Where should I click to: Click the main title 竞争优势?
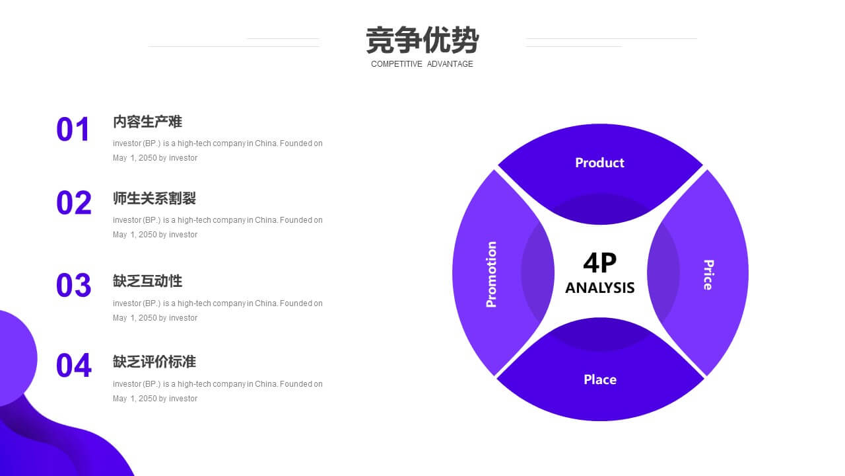422,40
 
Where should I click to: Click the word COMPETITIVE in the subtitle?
397,64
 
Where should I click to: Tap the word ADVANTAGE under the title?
450,64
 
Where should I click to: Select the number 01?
73,129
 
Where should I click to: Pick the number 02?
73,202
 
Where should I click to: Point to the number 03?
73,285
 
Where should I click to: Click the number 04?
73,366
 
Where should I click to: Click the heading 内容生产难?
147,122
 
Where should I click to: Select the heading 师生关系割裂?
154,198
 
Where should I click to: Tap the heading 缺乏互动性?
147,281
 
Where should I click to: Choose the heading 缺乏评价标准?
154,362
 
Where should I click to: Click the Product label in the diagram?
599,163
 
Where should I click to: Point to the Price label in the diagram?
708,274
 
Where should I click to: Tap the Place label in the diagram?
600,379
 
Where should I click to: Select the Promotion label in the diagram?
491,274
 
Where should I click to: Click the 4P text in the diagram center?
599,262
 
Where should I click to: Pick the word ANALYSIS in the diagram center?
599,288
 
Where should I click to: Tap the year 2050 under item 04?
147,399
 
